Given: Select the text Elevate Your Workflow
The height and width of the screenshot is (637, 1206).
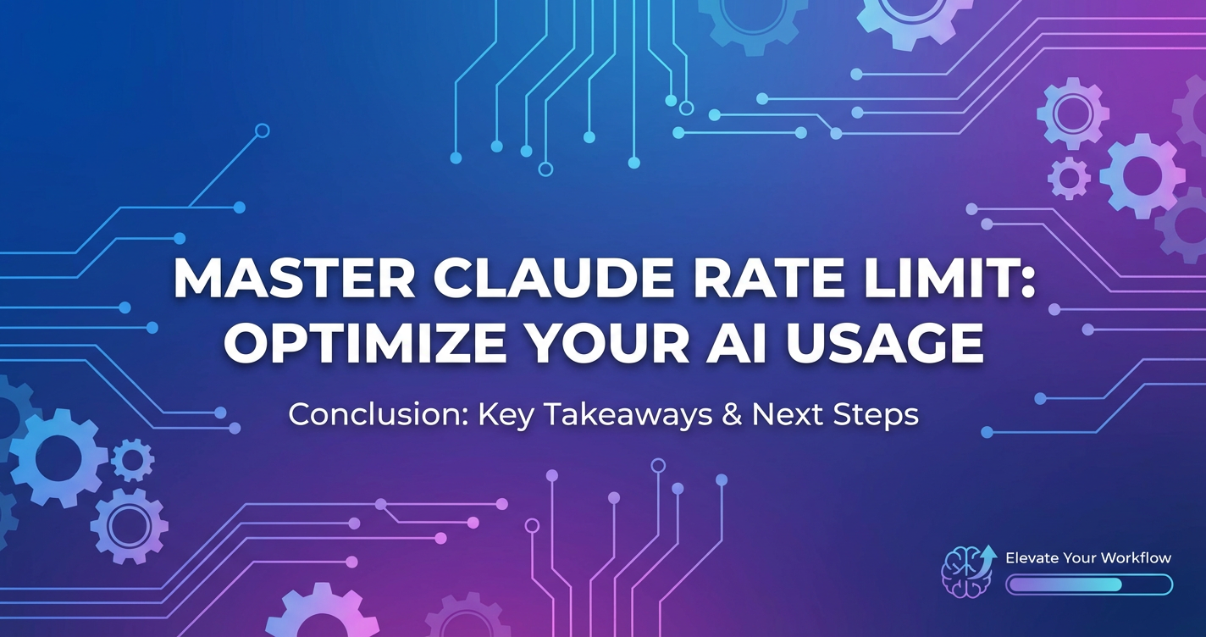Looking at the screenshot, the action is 1088,558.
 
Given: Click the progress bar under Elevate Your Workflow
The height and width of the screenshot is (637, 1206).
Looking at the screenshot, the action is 1088,584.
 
